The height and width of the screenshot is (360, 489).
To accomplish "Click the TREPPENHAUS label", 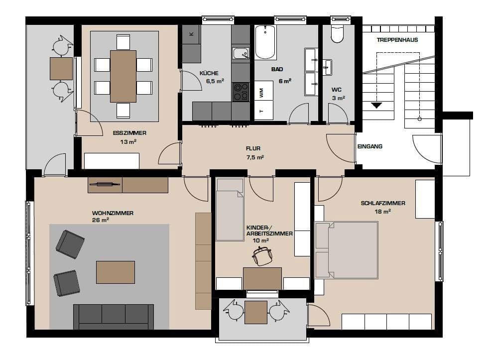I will (397, 40).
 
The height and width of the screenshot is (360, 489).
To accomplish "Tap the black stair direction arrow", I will (376, 105).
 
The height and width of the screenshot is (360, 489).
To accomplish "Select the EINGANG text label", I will (369, 146).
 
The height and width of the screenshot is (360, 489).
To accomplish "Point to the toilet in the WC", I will (337, 33).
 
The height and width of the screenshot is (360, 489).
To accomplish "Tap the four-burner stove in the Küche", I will (241, 91).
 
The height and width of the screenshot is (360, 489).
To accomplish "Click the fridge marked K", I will (191, 34).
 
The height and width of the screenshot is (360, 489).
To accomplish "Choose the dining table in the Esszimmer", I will (123, 76).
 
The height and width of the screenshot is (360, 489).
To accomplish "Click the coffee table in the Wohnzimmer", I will (116, 272).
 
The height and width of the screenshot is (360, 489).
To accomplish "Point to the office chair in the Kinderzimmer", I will (262, 256).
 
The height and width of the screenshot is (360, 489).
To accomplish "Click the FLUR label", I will (253, 148).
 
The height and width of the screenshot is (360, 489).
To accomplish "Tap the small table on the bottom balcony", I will (256, 312).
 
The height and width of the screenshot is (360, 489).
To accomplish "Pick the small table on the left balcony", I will (61, 69).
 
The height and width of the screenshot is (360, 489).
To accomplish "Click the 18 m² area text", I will (382, 211).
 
